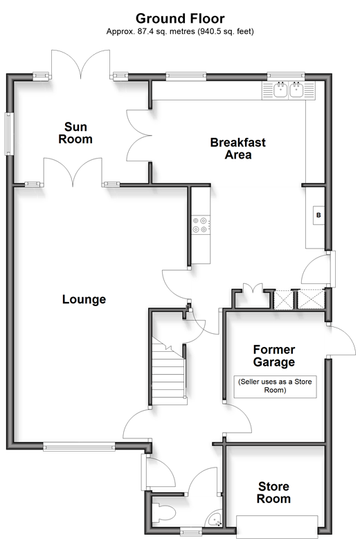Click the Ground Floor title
180,18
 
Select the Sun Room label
75,133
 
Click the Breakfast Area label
238,148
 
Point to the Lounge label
84,299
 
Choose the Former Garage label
274,356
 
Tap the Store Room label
273,492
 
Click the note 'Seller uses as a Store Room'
276,386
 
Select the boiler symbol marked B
318,215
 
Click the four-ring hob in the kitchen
201,224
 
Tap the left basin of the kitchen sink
280,90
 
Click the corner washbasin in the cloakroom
215,519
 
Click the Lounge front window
79,447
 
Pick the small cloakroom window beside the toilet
191,531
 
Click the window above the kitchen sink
286,75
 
